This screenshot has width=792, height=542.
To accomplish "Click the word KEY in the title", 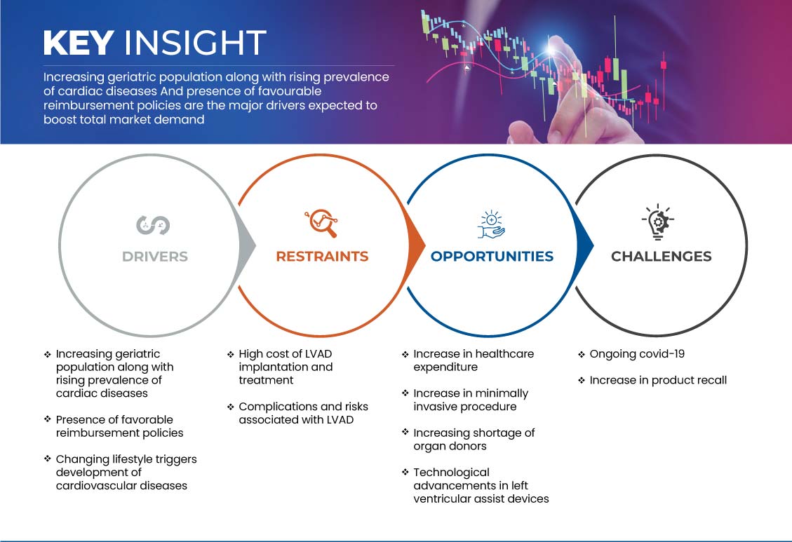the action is [x=79, y=42].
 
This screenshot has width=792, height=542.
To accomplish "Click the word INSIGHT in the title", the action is [x=195, y=42].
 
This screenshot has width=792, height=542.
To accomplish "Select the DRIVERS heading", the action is [x=155, y=257].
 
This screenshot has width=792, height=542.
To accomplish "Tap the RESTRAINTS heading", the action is [x=322, y=257].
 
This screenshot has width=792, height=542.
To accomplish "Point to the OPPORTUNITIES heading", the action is [x=492, y=257].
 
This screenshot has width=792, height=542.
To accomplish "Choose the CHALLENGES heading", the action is [x=662, y=257].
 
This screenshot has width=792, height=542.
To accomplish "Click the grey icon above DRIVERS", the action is [x=153, y=225].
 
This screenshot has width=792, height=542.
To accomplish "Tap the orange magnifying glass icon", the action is [x=321, y=223].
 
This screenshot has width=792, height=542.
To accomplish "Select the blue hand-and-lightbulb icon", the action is [x=491, y=224].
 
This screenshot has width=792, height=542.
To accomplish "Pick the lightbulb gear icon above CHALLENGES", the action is [x=658, y=222].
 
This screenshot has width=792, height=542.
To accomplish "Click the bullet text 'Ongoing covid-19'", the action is [x=637, y=354].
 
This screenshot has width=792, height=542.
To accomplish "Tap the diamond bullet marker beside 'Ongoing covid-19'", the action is [x=582, y=354].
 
